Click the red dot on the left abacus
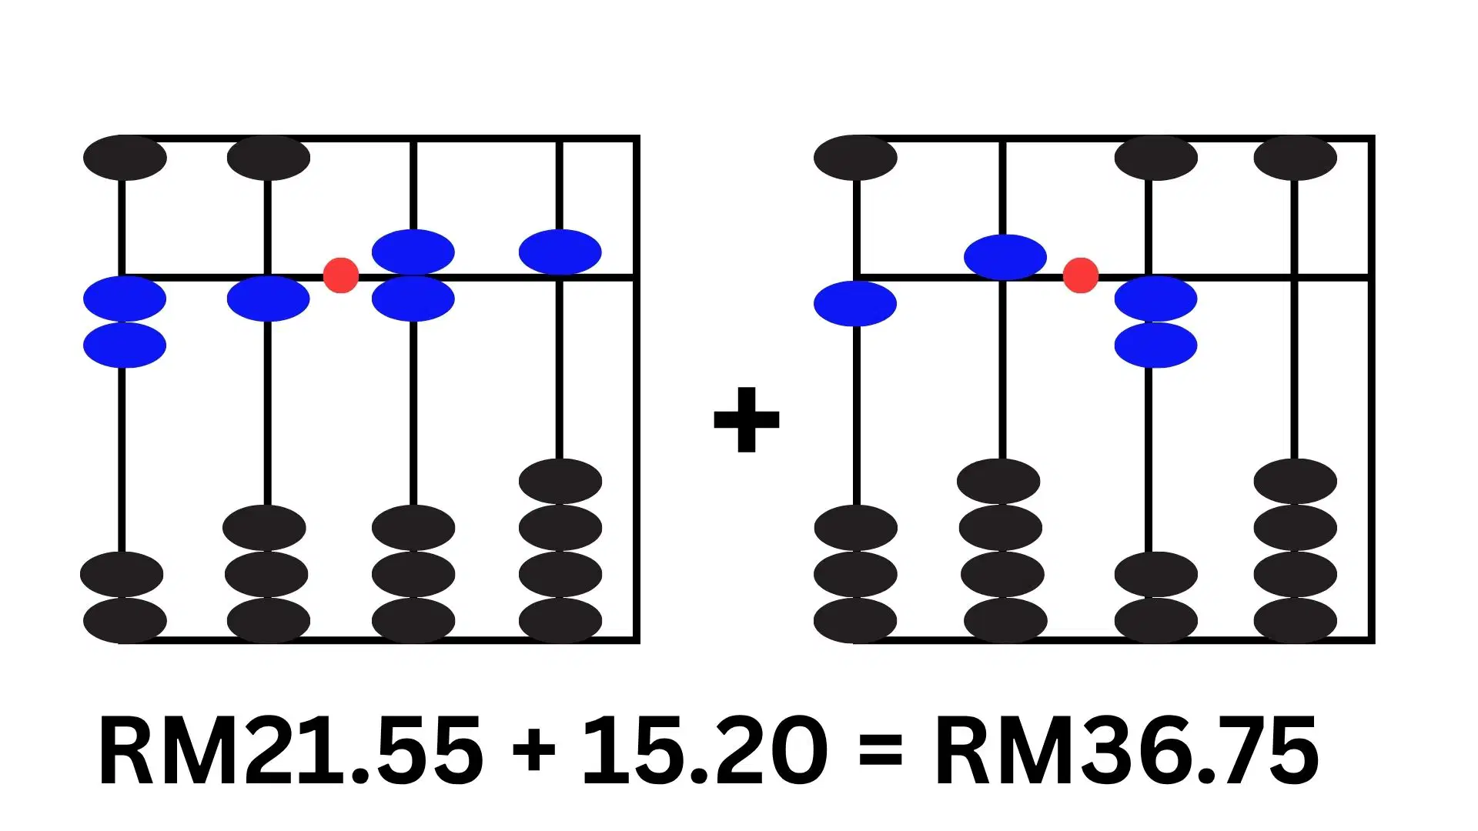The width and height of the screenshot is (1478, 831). [341, 275]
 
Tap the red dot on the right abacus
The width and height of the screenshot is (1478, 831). [1081, 275]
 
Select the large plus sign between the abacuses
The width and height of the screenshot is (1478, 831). [747, 419]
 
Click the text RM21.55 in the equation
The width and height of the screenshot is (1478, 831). [291, 750]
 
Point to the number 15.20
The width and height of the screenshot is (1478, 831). [704, 750]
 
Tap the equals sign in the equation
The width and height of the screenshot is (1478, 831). [881, 750]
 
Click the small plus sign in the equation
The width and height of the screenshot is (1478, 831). [533, 750]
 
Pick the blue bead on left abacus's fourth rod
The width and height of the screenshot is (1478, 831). [560, 252]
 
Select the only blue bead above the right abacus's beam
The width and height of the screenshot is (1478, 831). [1005, 257]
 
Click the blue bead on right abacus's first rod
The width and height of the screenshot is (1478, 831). [855, 303]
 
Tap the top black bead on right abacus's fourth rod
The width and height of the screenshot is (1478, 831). [1296, 158]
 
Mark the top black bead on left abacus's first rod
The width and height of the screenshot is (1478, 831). [125, 158]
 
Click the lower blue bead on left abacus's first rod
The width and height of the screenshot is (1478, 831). [125, 345]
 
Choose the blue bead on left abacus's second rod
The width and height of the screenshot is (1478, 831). [269, 299]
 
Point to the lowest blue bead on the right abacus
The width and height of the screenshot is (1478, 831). [1156, 345]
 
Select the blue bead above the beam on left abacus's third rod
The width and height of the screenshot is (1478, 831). [413, 252]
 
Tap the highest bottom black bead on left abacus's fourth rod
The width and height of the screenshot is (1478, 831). [560, 482]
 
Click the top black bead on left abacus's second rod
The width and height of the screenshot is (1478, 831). [269, 158]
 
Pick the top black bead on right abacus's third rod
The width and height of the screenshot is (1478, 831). [1156, 158]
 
